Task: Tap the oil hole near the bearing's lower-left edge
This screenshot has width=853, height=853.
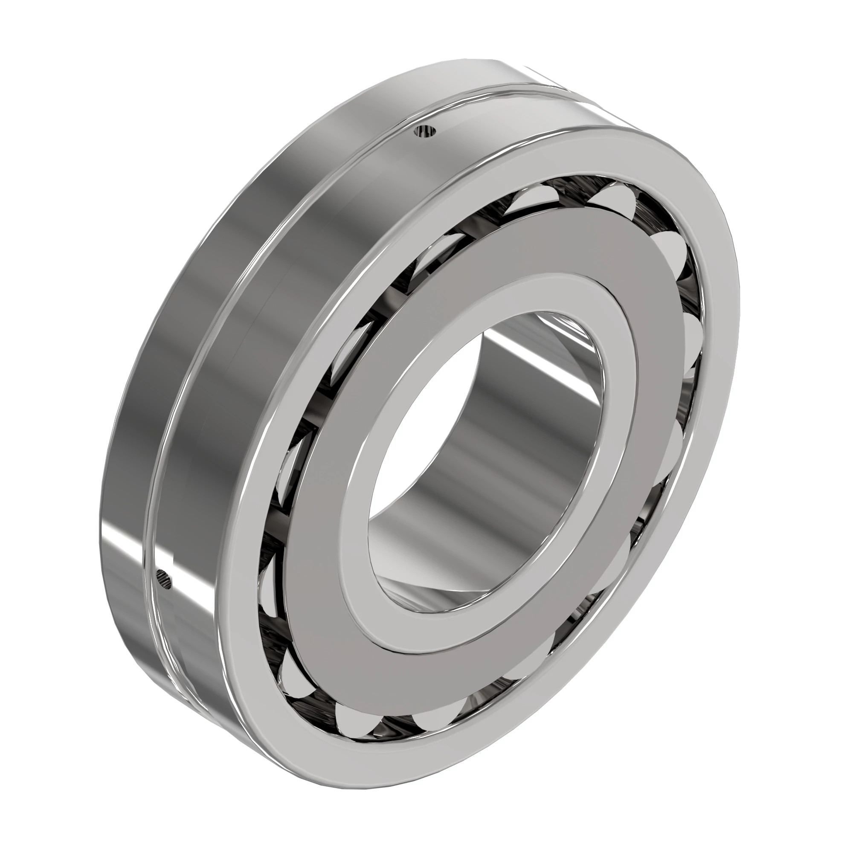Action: [164, 579]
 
